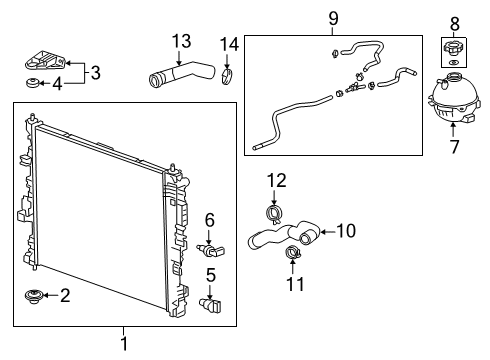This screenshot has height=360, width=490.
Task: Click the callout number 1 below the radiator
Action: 124,346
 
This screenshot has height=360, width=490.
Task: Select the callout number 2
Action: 66,296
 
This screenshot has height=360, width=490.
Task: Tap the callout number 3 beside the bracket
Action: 95,72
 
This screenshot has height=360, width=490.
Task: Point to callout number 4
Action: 56,84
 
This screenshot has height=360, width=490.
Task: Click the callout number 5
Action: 211,274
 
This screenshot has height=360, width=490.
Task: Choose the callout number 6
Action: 210,219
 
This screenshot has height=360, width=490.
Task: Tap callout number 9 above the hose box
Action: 333,19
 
